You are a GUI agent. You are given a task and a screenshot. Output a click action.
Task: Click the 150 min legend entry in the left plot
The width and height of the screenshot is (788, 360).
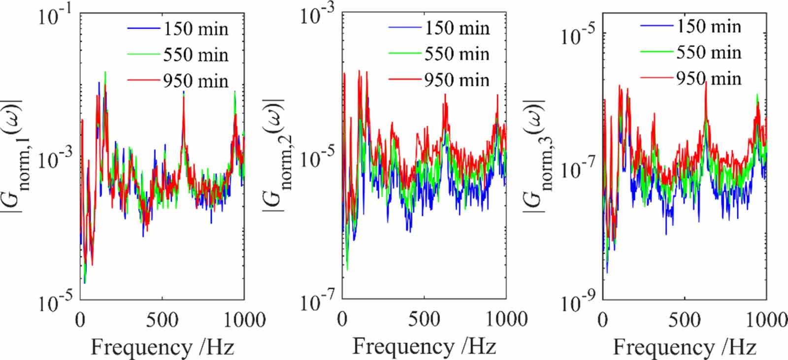coord(196,29)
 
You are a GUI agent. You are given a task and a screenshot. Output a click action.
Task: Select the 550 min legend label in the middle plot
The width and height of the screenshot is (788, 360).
coord(457,54)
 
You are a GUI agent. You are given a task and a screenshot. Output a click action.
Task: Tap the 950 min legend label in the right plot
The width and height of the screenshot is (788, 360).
coord(708,79)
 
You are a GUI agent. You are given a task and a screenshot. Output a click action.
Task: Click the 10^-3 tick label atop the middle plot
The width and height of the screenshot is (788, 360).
coord(318,15)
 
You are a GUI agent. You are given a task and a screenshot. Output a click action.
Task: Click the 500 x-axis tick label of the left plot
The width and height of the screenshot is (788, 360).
coord(162,321)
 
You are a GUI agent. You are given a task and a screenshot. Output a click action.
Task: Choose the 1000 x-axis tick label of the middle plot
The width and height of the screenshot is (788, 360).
coord(506,320)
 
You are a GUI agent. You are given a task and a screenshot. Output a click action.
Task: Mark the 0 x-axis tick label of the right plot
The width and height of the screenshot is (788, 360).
coord(603,320)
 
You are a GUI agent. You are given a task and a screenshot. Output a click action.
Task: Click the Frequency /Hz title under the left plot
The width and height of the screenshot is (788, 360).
coord(162,348)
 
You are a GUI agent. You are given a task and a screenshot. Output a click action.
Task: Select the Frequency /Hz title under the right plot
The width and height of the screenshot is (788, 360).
coord(685,348)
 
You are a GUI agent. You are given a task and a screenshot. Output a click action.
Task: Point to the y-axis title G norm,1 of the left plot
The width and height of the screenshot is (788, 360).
coord(16,157)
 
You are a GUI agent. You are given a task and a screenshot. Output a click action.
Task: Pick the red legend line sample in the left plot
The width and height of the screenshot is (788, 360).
coord(143,80)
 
